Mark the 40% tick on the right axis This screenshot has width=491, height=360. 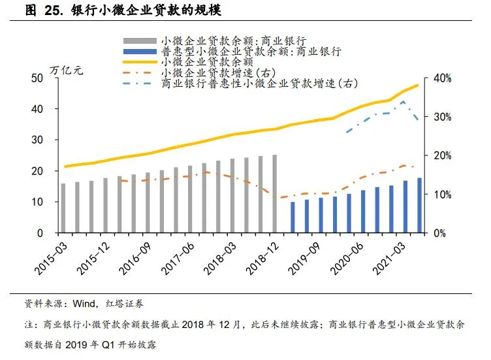click(443, 78)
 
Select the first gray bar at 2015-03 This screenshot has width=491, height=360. click(63, 208)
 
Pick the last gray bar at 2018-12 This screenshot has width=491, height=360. click(275, 194)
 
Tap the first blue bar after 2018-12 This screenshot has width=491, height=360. click(293, 218)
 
